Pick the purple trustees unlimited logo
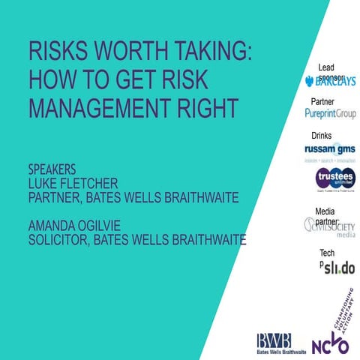pyautogui.click(x=335, y=180)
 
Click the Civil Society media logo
pyautogui.click(x=330, y=228)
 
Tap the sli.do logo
pyautogui.click(x=338, y=268)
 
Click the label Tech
pyautogui.click(x=327, y=253)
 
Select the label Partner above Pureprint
pyautogui.click(x=322, y=101)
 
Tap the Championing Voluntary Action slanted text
pyautogui.click(x=340, y=304)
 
